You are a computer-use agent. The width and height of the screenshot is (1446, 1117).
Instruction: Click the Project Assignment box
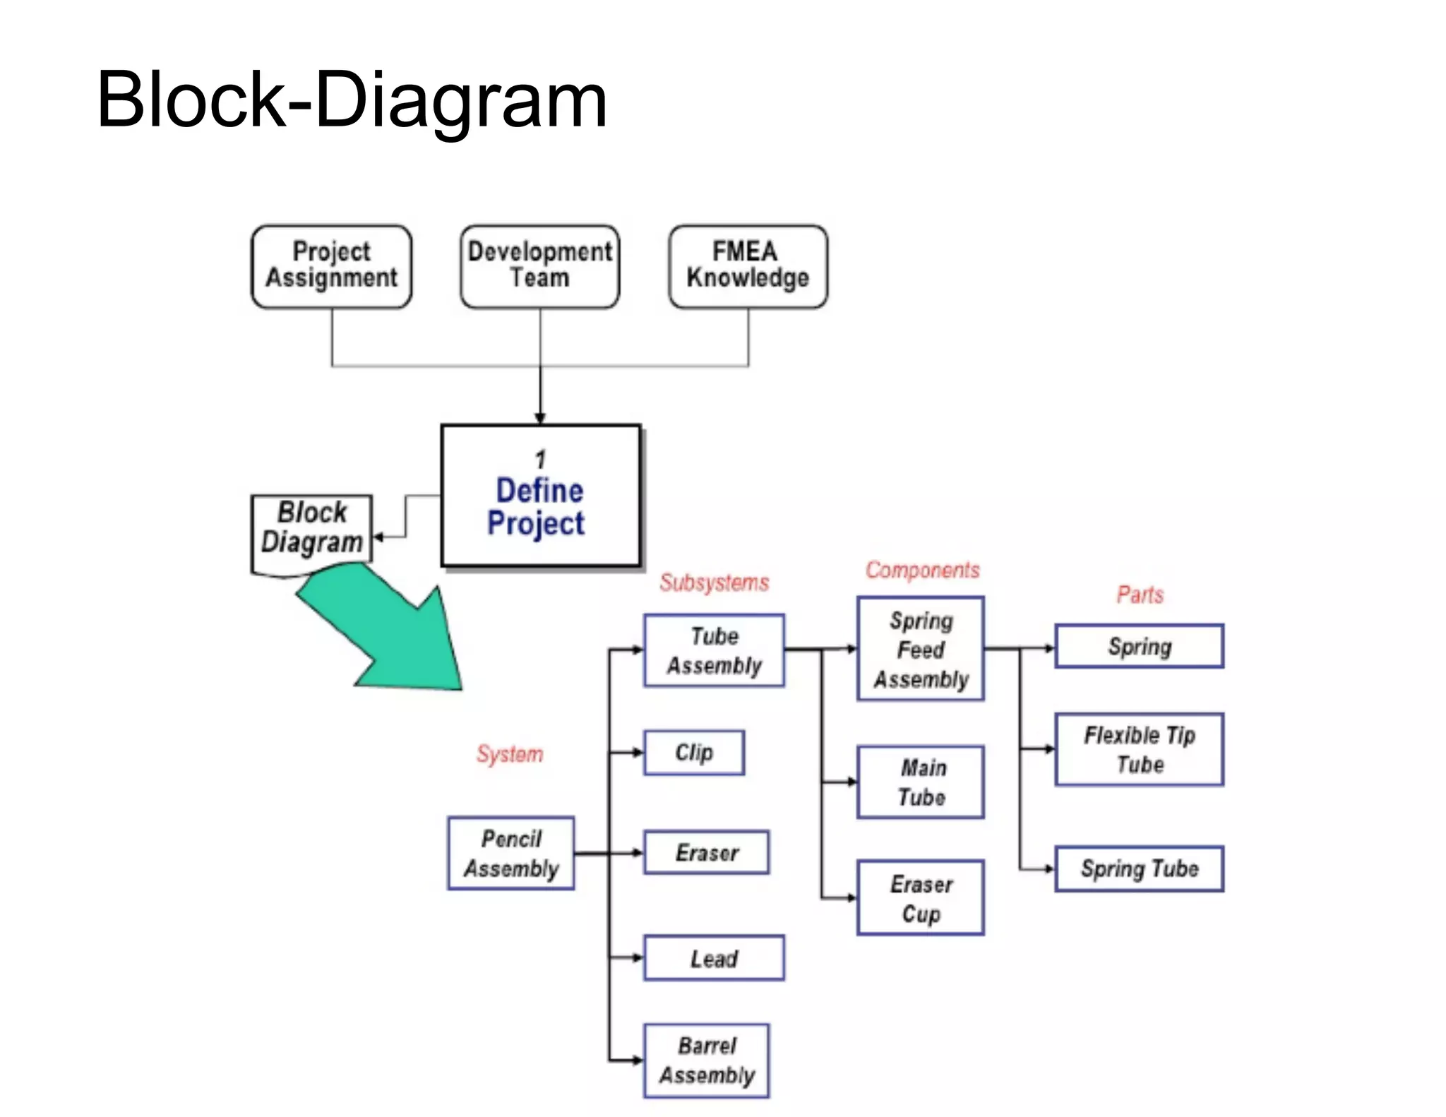[x=331, y=266]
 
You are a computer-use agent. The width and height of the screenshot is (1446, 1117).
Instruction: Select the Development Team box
[x=540, y=266]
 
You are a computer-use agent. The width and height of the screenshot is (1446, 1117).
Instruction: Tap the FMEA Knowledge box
[x=748, y=266]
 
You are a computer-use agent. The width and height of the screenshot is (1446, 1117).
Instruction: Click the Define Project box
[x=540, y=496]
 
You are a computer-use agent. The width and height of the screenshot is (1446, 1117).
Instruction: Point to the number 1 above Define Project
[x=540, y=459]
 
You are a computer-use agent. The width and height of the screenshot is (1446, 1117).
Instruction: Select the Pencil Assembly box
[x=511, y=853]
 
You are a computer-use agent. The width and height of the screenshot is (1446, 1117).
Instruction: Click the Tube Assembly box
[x=714, y=650]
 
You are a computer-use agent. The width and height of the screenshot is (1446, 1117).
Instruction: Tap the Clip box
[x=693, y=753]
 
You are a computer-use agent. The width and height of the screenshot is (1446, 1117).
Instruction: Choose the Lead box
[x=714, y=958]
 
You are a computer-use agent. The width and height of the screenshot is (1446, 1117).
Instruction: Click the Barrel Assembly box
[x=706, y=1061]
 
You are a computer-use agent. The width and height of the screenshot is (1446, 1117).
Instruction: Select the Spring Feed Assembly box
[x=921, y=649]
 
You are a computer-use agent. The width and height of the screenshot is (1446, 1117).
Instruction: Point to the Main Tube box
[x=921, y=782]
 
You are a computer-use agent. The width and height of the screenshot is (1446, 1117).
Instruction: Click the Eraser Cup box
[x=921, y=897]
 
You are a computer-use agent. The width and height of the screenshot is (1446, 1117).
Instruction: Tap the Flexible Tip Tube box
[x=1139, y=749]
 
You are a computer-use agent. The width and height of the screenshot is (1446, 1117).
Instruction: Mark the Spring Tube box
[x=1139, y=868]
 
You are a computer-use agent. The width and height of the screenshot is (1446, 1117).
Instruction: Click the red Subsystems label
[x=714, y=583]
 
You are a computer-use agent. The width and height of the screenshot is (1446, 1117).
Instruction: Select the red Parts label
[x=1140, y=595]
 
